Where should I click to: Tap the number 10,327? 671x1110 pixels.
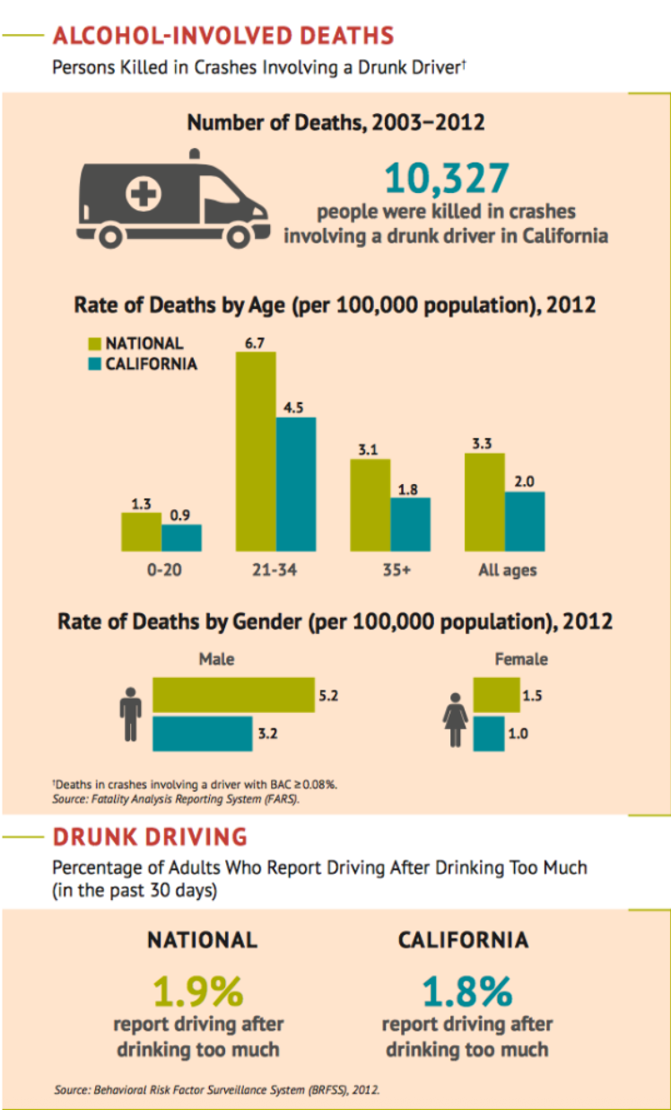pos(446,178)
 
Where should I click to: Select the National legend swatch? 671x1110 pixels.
pos(94,343)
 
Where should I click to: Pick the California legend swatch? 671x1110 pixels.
pos(94,365)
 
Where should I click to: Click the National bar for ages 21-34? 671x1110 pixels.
pos(256,451)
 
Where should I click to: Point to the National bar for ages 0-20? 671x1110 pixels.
pos(141,532)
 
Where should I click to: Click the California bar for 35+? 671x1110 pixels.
pos(410,524)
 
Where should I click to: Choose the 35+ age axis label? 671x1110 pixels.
pos(392,570)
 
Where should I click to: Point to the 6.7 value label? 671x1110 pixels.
pos(256,342)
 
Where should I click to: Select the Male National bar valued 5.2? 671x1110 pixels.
pos(233,695)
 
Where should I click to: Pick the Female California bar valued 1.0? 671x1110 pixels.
pos(489,733)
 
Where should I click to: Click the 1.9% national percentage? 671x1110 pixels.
pos(198,991)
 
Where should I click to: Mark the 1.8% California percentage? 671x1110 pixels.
pos(466,991)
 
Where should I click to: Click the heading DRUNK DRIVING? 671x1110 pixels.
pos(150,837)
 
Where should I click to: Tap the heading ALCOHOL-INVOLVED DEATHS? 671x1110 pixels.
pos(223,36)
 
